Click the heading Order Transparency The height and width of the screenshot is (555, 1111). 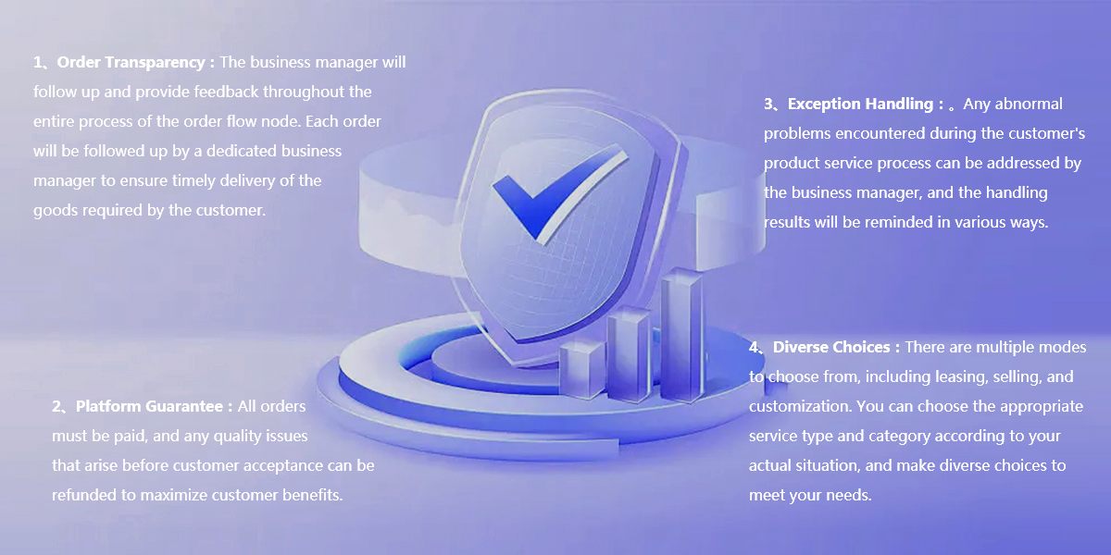[x=131, y=63]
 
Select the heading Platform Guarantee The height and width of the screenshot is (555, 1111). [x=149, y=407]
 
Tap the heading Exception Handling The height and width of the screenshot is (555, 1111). [x=860, y=104]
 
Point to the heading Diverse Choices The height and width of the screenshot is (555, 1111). [x=831, y=347]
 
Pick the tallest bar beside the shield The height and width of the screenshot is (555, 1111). [x=681, y=335]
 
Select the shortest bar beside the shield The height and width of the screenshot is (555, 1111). [x=581, y=369]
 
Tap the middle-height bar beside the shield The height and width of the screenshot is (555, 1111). [x=629, y=353]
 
